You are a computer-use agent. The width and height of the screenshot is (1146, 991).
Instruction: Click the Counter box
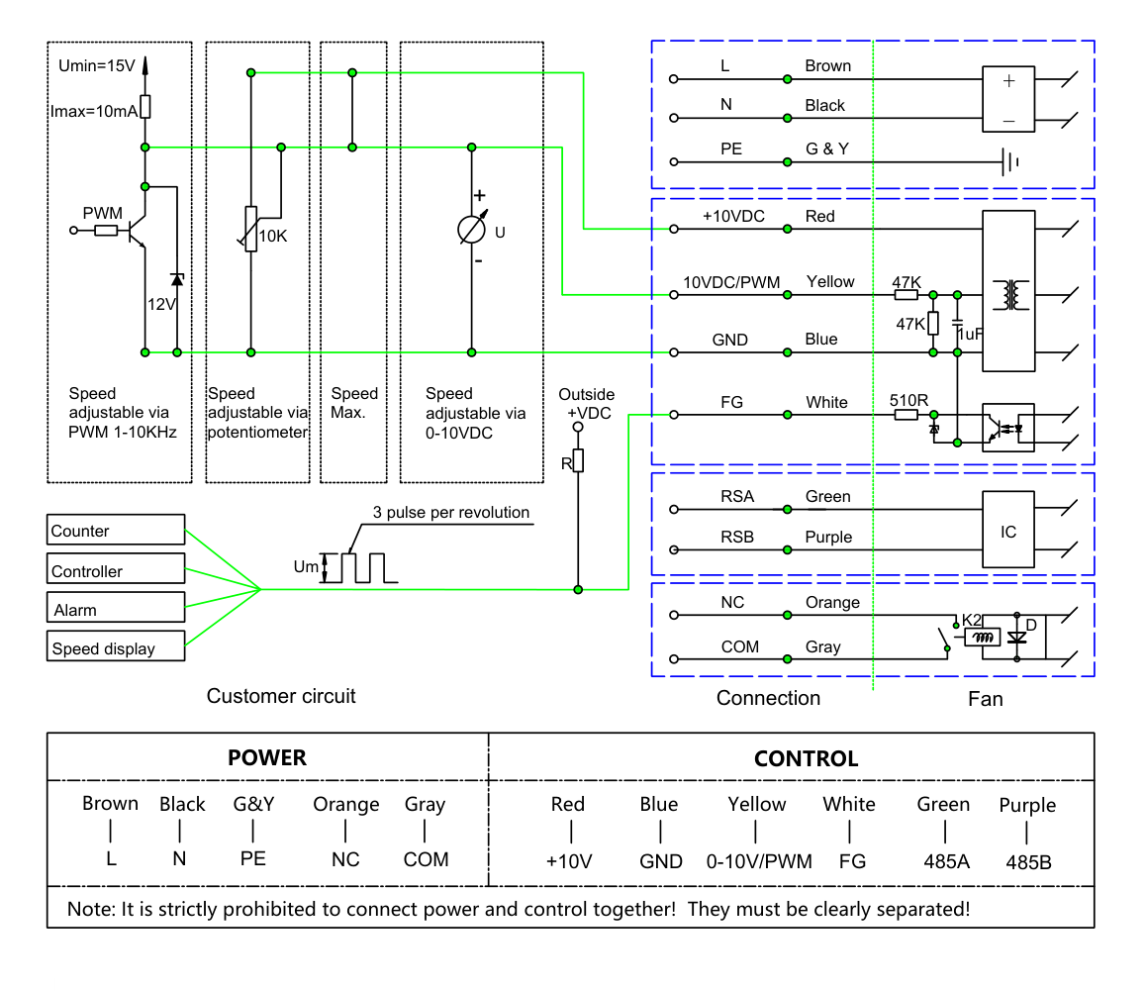pyautogui.click(x=116, y=530)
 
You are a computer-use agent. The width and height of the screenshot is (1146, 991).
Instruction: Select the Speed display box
pyautogui.click(x=116, y=645)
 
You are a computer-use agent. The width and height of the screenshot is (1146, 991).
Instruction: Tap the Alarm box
pyautogui.click(x=116, y=607)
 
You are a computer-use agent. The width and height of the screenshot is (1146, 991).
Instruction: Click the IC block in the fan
pyautogui.click(x=1007, y=530)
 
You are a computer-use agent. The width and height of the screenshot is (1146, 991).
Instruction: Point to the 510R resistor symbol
pyautogui.click(x=907, y=415)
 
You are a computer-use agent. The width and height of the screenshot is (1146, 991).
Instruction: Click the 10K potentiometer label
pyautogui.click(x=273, y=237)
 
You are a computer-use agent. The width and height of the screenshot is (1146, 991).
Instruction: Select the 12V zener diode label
pyautogui.click(x=161, y=304)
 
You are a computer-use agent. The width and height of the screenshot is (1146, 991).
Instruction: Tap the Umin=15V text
pyautogui.click(x=96, y=65)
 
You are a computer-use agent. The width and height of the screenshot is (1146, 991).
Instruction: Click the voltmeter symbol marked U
pyautogui.click(x=471, y=230)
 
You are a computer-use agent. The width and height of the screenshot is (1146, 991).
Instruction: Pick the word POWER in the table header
pyautogui.click(x=267, y=757)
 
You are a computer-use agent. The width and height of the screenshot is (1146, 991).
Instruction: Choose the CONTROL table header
pyautogui.click(x=807, y=758)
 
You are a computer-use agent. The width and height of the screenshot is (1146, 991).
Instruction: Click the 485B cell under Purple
pyautogui.click(x=1028, y=862)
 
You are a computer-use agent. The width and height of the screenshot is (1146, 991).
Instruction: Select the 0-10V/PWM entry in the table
pyautogui.click(x=759, y=861)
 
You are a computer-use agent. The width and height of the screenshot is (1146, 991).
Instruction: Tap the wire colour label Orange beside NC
pyautogui.click(x=832, y=603)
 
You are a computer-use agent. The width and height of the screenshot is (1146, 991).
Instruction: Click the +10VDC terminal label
pyautogui.click(x=733, y=217)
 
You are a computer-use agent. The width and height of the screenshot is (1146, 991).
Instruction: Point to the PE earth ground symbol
pyautogui.click(x=1010, y=161)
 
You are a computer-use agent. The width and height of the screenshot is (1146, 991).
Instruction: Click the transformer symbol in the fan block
pyautogui.click(x=1010, y=295)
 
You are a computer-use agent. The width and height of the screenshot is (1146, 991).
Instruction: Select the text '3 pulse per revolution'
pyautogui.click(x=451, y=512)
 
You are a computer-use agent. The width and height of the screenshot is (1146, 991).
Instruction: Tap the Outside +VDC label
pyautogui.click(x=587, y=404)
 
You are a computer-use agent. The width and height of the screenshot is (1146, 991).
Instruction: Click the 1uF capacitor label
pyautogui.click(x=970, y=335)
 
